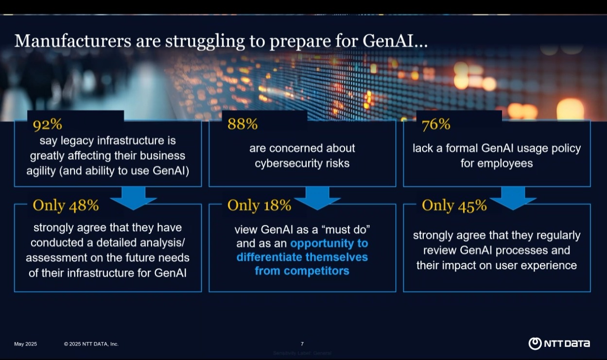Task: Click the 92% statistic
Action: (48, 124)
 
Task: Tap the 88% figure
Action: (243, 124)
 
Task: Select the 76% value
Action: (436, 124)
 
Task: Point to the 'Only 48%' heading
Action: (66, 205)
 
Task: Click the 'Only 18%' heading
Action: (260, 205)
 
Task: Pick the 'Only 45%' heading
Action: (454, 205)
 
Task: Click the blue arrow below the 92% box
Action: (133, 198)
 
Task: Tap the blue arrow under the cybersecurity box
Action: (317, 198)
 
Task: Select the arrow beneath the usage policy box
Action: (513, 198)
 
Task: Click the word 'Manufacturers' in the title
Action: (73, 41)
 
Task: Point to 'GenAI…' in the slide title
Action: (395, 41)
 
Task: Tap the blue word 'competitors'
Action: (316, 271)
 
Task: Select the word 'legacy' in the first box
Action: (77, 141)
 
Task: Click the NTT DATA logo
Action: (559, 343)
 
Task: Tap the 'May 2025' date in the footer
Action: (25, 344)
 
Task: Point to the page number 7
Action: (302, 344)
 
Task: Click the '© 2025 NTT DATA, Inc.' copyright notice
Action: (91, 344)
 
